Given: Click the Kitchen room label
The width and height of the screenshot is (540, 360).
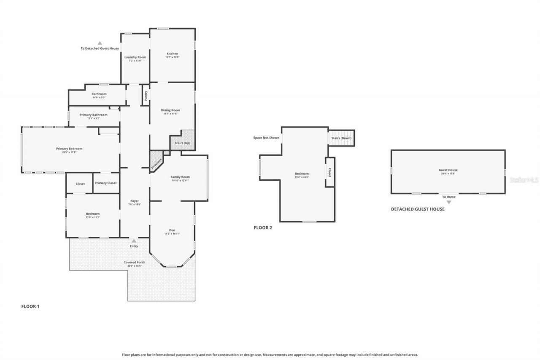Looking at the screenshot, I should [x=172, y=54].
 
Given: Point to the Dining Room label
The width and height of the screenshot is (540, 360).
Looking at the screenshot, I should [x=170, y=111].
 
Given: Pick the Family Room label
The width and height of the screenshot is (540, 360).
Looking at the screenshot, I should [x=180, y=177].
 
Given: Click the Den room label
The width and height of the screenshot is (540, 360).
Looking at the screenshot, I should [x=172, y=230].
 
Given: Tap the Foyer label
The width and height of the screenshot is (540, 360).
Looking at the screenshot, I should [x=135, y=201].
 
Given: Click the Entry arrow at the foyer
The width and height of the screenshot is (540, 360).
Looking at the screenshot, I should [x=134, y=241].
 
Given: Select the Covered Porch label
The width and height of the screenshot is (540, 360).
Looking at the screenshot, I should [x=135, y=263].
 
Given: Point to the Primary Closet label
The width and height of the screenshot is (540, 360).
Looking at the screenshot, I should [x=105, y=183].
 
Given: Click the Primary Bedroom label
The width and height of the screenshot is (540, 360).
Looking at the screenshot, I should [x=69, y=149].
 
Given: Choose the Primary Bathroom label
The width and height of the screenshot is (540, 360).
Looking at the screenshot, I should [x=93, y=115].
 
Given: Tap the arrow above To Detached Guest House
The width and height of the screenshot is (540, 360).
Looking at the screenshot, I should [x=100, y=43].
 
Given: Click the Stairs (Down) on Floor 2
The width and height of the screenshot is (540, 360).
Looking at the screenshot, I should [x=341, y=138].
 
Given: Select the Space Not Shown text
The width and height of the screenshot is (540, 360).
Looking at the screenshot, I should [x=266, y=138].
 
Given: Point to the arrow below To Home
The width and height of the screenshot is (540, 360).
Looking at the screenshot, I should [x=448, y=202].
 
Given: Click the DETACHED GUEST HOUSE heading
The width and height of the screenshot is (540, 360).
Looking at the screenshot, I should [x=417, y=209].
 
